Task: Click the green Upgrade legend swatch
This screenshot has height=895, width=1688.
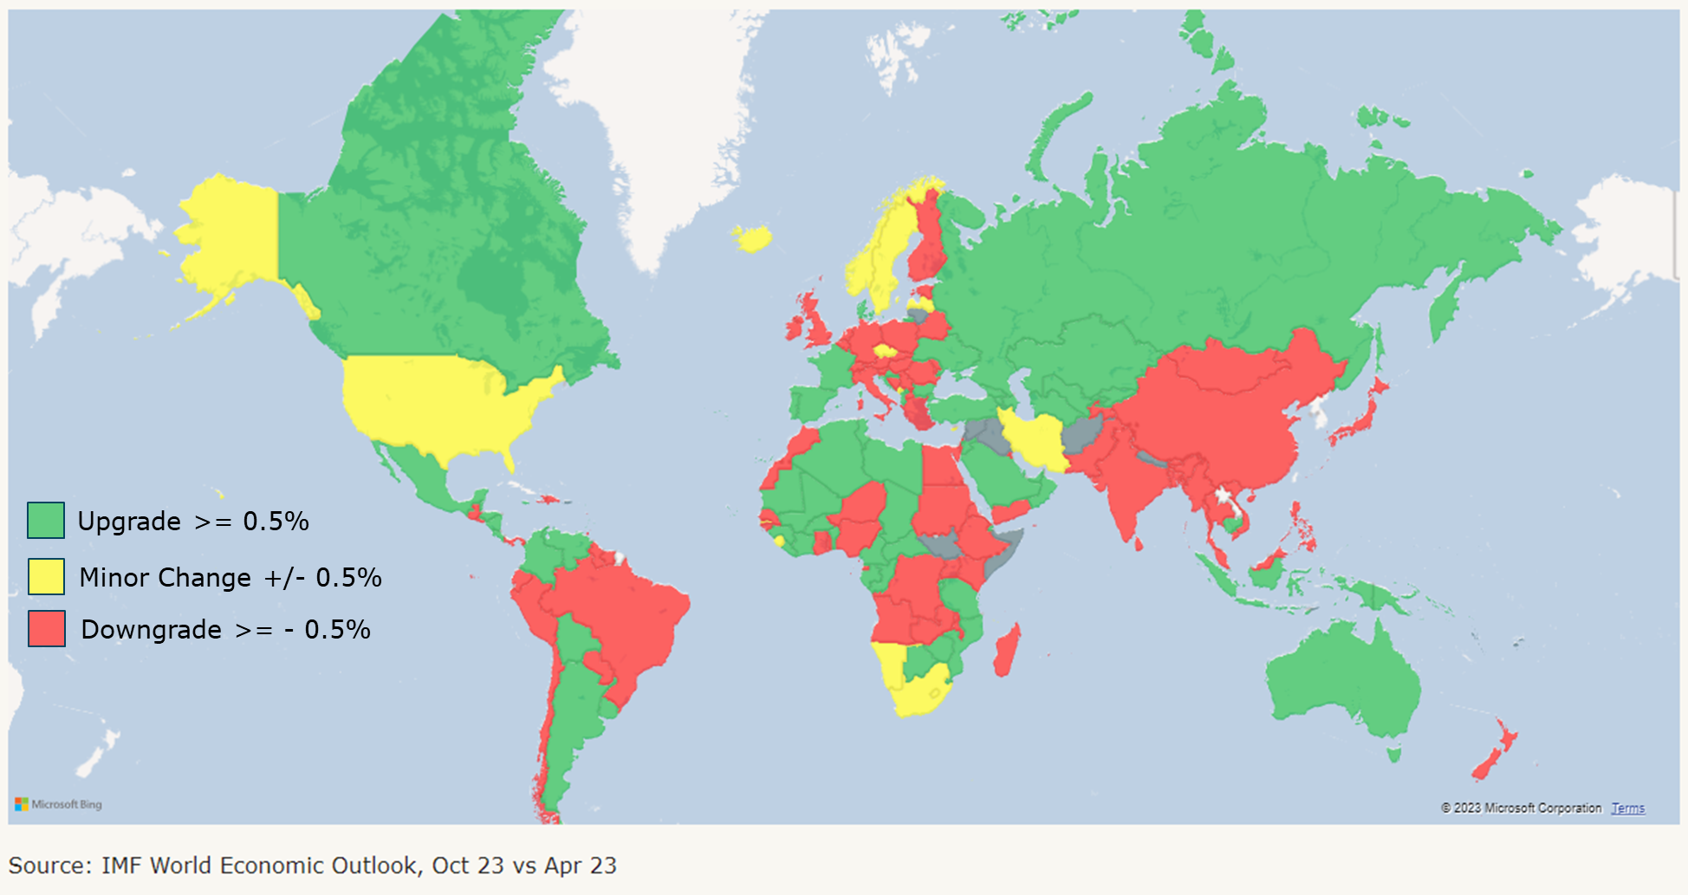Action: tap(46, 521)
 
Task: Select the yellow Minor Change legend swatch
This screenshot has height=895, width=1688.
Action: tap(46, 577)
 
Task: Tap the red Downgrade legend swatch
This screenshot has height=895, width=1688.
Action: tap(47, 629)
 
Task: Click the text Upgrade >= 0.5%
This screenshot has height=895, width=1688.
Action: tap(193, 521)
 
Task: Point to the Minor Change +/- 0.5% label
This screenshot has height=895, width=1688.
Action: tap(230, 577)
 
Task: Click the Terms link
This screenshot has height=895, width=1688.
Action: tap(1627, 808)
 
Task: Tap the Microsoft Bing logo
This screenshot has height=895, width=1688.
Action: tap(58, 804)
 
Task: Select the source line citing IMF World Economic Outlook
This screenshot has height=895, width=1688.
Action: tap(313, 866)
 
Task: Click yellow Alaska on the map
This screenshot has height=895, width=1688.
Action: tap(230, 234)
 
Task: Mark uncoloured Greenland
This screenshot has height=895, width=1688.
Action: tap(659, 121)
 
